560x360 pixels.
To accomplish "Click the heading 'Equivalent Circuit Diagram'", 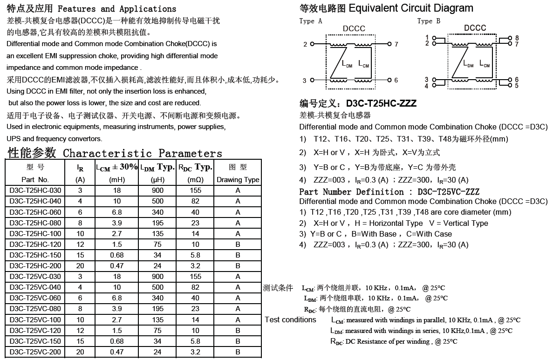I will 410,8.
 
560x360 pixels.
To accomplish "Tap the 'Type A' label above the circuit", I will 311,21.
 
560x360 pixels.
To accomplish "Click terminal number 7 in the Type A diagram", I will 396,45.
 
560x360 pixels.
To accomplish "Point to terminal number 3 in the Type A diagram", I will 305,81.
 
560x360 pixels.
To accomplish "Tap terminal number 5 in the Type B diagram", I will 517,86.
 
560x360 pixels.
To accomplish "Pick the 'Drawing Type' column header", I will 238,180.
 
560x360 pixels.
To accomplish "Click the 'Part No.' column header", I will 35,180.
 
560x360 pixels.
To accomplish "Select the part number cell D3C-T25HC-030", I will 35,190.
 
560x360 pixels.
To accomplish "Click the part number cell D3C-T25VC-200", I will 35,352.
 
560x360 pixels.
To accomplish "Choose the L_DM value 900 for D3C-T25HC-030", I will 157,190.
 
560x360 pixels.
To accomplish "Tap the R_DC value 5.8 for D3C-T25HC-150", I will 195,255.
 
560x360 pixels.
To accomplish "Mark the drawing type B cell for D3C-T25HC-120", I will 238,245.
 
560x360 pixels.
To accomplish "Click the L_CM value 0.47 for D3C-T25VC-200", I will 116,352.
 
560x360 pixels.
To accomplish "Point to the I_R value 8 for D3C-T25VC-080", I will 80,309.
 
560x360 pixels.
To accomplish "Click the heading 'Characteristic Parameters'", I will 143,153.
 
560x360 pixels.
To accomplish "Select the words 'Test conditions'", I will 290,319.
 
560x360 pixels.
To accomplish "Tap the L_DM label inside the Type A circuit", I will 347,65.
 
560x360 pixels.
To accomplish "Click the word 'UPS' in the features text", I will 14,139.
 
